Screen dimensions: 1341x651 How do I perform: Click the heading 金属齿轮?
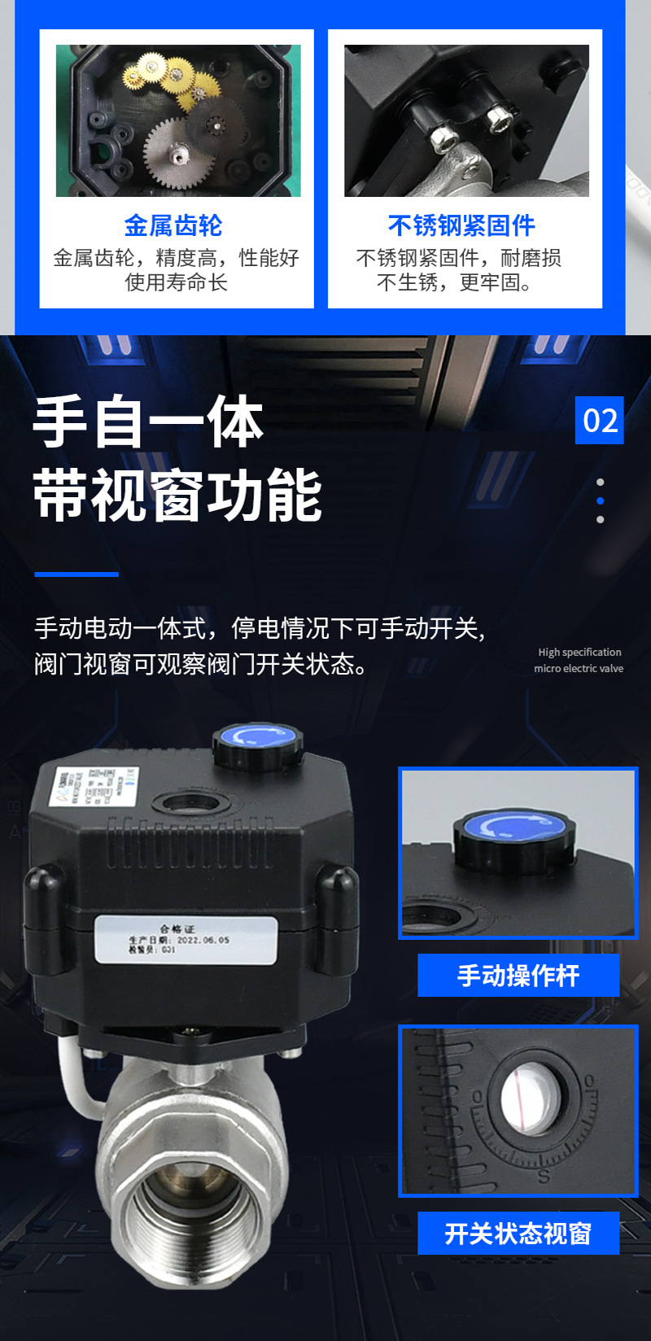coord(173,225)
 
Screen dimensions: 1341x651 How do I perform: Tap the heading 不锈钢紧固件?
coord(461,225)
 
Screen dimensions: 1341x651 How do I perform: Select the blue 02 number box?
coord(600,421)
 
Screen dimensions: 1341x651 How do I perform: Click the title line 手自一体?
coord(149,423)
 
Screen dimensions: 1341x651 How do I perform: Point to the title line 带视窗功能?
coord(178,495)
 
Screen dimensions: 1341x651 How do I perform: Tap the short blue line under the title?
coord(76,574)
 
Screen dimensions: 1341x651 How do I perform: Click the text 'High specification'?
coord(579,652)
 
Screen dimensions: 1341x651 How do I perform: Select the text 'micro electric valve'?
coord(579,668)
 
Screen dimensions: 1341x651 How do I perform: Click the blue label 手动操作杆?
coord(518,976)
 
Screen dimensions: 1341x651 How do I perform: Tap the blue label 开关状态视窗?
coord(518,1234)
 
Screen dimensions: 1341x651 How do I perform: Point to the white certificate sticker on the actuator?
coord(186,939)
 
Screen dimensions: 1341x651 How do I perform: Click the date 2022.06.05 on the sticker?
coord(203,939)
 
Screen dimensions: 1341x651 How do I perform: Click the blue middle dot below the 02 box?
coord(601,501)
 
